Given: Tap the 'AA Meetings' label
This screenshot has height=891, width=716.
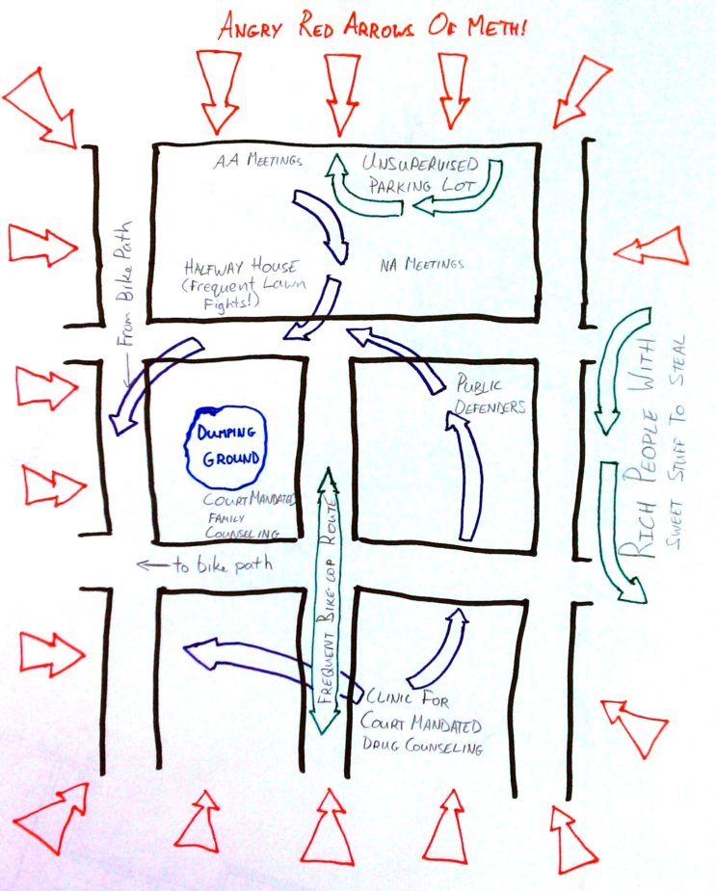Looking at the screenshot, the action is tap(257, 161).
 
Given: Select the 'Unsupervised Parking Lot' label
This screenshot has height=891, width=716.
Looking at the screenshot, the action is tap(421, 174).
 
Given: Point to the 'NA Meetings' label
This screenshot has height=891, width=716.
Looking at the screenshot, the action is tap(422, 264).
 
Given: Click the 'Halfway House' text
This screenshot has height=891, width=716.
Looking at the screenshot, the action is tap(240, 267).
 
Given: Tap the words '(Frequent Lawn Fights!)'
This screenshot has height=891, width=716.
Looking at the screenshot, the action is tap(244, 293).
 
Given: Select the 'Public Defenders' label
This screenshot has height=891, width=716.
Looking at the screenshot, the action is tap(490, 396).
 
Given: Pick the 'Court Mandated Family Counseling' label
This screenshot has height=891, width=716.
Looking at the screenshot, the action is tap(251, 516).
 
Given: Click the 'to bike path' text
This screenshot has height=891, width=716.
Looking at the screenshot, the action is tap(223, 564).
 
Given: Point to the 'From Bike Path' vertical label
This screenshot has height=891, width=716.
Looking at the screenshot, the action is tap(124, 283).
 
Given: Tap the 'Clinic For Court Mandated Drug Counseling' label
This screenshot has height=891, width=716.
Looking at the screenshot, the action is tap(421, 721).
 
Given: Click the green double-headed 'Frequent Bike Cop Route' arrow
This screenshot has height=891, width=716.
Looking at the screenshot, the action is tap(328, 601).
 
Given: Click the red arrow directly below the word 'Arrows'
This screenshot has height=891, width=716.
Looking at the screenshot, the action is tap(342, 94).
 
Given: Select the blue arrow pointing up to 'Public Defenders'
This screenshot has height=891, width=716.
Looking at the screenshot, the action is tap(466, 475).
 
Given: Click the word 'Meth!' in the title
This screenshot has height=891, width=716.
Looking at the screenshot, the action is tap(498, 27).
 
